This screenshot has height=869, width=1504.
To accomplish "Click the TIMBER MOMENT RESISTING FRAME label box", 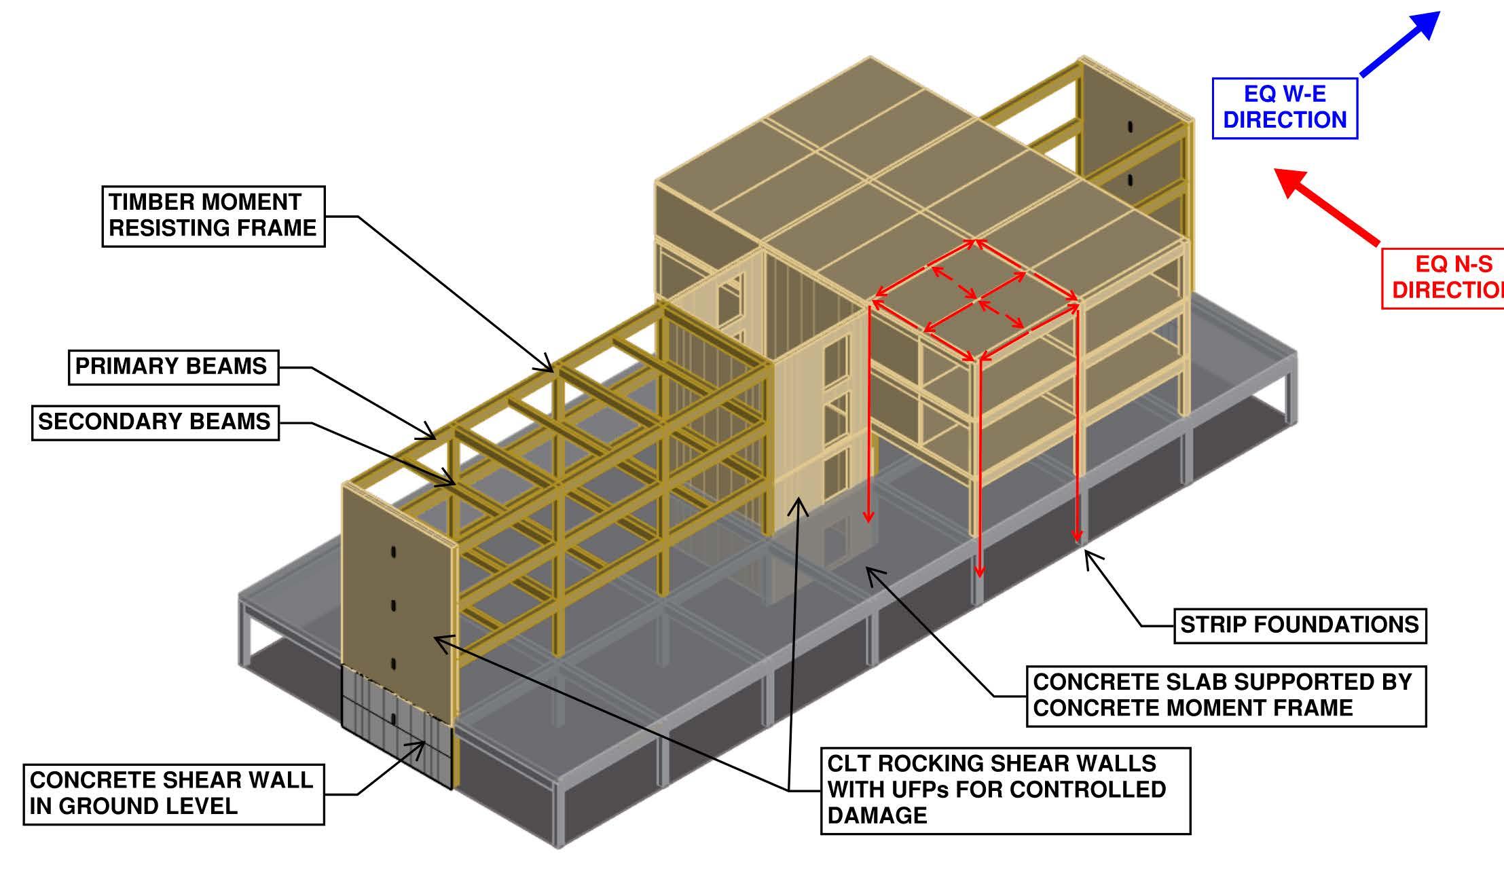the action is coord(213,216).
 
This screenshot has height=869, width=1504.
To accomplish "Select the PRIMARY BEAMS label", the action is coord(173,367).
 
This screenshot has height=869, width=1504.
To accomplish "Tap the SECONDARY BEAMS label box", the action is coord(155,422).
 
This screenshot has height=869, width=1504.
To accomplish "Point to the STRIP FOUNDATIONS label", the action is coord(1300,625).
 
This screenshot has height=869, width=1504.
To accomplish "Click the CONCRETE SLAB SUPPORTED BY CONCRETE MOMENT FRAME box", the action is coord(1226,696).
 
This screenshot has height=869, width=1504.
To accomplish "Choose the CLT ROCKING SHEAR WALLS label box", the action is coord(1005,790).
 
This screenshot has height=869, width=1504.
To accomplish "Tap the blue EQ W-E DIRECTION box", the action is coord(1285,108).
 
